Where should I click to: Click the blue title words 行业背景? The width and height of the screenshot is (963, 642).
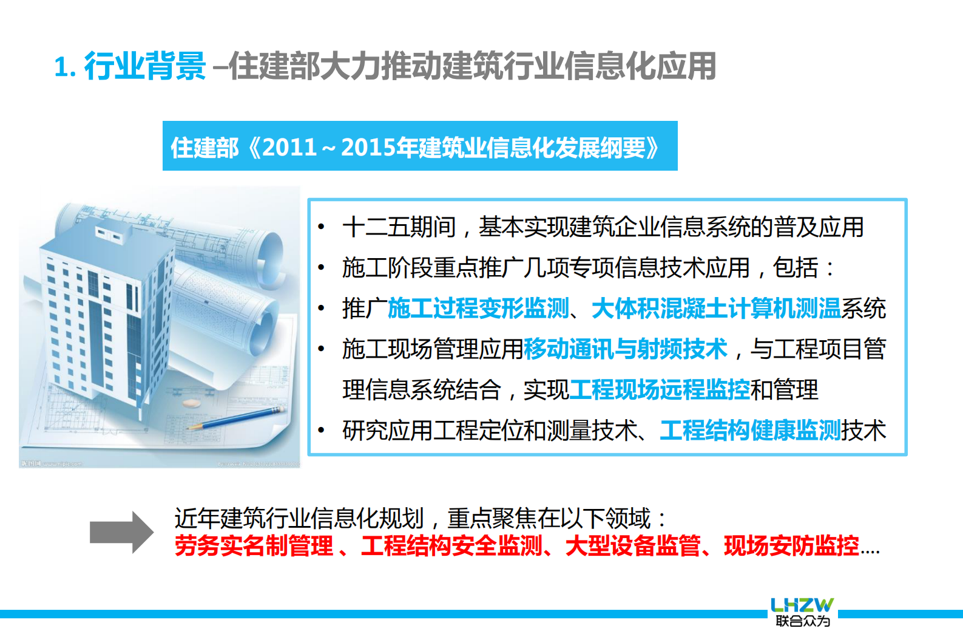[x=146, y=66]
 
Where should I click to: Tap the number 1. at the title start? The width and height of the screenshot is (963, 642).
[x=65, y=67]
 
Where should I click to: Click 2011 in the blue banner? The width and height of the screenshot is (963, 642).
[x=289, y=148]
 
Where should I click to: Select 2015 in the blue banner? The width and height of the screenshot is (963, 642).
[x=368, y=148]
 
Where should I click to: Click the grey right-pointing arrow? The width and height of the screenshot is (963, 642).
[x=121, y=533]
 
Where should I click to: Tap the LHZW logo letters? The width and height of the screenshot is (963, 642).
[x=802, y=605]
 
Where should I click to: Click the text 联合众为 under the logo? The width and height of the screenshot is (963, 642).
[x=802, y=621]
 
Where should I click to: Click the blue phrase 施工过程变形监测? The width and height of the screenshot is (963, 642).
[x=478, y=309]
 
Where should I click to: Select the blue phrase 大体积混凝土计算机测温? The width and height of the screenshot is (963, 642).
[x=716, y=309]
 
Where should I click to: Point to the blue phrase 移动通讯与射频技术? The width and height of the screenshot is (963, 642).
[x=625, y=349]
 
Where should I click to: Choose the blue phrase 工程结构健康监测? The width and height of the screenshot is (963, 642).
[x=750, y=431]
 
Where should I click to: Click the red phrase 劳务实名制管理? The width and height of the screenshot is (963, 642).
[x=254, y=545]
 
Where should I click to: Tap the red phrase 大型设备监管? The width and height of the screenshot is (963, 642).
[x=633, y=545]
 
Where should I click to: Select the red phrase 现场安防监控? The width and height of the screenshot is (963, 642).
[x=791, y=545]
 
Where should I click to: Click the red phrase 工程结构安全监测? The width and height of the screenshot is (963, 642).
[x=451, y=545]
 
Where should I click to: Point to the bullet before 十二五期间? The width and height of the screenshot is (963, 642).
[x=322, y=228]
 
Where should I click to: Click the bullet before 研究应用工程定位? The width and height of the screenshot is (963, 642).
[x=322, y=431]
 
